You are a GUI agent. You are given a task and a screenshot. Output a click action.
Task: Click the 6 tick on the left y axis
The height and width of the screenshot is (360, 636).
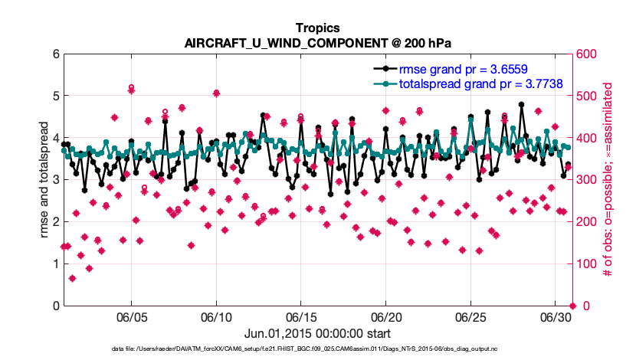click(x=55, y=54)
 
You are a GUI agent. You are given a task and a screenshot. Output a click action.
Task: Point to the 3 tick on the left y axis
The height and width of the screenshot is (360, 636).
click(x=55, y=180)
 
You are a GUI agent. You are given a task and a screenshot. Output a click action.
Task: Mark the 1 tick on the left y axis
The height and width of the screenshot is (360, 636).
click(x=55, y=264)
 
